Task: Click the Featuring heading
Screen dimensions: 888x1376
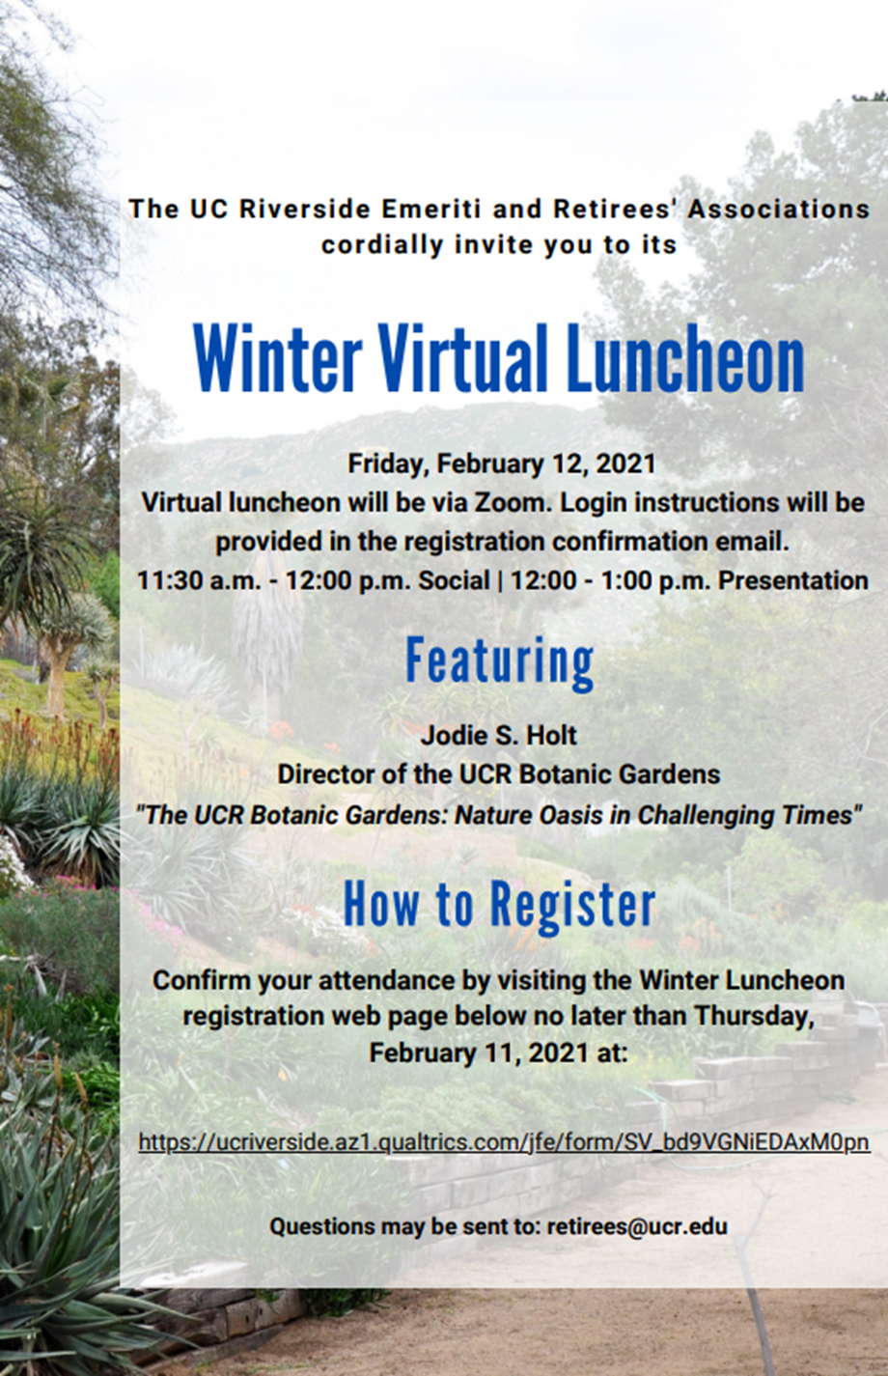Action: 500,662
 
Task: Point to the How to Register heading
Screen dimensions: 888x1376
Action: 500,904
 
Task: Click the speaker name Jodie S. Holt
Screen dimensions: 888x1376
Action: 499,735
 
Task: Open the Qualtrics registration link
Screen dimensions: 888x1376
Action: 504,1142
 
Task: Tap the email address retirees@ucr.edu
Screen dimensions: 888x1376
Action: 637,1226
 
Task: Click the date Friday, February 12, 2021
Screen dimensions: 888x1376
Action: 502,463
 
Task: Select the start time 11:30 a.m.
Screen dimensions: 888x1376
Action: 199,580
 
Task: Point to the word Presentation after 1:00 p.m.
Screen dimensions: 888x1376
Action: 793,580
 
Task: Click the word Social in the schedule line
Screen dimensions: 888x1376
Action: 454,580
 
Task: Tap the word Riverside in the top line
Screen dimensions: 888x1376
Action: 305,209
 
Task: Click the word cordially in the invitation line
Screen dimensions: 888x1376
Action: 382,245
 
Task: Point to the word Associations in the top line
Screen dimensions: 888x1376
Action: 779,209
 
